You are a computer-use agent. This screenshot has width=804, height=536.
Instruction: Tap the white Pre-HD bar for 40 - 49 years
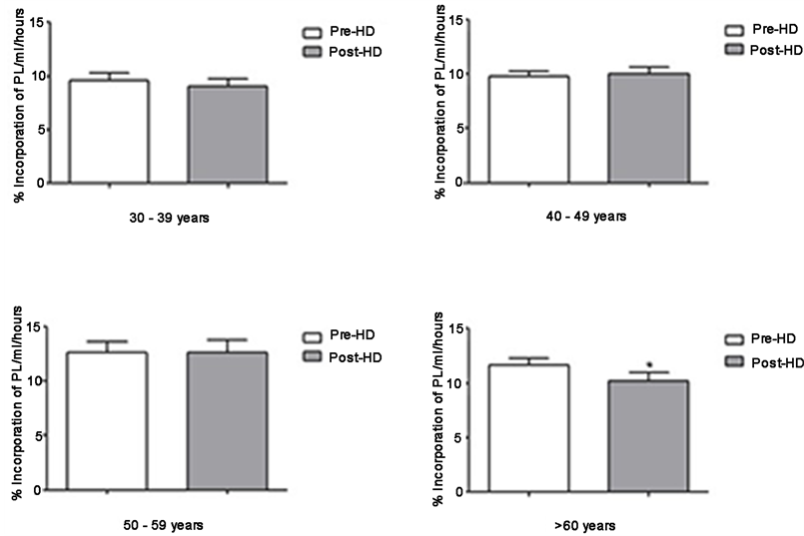coord(528,130)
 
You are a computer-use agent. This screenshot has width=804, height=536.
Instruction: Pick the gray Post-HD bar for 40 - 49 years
coord(647,129)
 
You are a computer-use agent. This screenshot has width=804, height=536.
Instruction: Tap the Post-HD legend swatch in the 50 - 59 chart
coord(311,357)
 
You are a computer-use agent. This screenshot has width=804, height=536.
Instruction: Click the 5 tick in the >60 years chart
coord(457,437)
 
